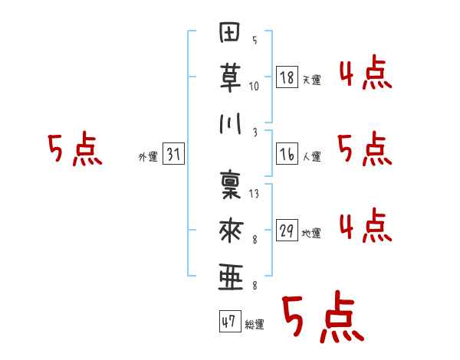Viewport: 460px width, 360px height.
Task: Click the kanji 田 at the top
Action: coord(230,34)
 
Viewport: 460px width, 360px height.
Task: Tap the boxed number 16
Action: coord(287,153)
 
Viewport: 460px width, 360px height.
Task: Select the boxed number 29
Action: coord(287,230)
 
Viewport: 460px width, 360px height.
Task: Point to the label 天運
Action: coord(312,79)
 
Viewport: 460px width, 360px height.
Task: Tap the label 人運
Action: coord(312,156)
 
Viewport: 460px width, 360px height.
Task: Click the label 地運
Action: coord(312,233)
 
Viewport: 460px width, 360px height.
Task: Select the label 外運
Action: coord(147,156)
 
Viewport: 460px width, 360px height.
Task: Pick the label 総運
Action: coord(255,325)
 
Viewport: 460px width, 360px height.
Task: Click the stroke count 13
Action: coord(254,195)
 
